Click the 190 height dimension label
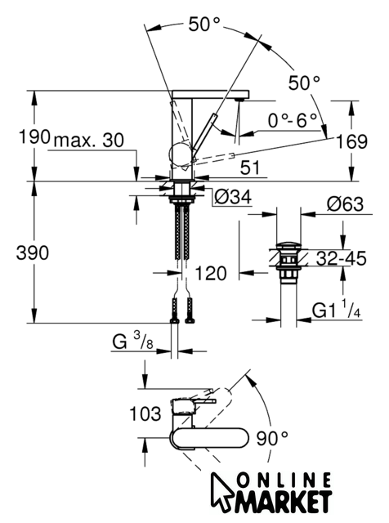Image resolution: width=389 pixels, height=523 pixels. click(34, 136)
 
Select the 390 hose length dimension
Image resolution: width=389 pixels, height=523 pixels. click(33, 253)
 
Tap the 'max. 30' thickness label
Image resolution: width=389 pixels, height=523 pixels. click(89, 140)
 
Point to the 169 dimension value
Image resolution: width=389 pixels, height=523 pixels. click(351, 141)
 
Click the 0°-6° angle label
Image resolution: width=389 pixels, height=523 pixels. click(293, 120)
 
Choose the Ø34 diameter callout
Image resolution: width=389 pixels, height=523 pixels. click(233, 197)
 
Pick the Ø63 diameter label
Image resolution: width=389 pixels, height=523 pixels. click(345, 203)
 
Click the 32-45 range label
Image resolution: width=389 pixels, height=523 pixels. click(341, 258)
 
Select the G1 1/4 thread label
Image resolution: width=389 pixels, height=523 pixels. click(336, 310)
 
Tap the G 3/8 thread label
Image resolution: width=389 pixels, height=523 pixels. click(133, 341)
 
